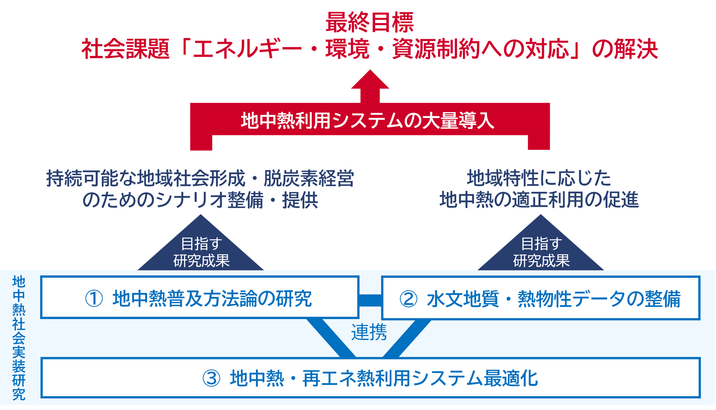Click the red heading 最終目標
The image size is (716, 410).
pyautogui.click(x=370, y=23)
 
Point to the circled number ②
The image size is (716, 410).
pyautogui.click(x=408, y=299)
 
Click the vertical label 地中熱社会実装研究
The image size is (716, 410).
pyautogui.click(x=19, y=338)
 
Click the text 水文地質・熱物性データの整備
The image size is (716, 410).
pyautogui.click(x=554, y=299)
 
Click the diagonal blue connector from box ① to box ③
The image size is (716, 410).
pyautogui.click(x=331, y=338)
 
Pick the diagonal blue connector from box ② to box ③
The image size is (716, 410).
pyautogui.click(x=407, y=338)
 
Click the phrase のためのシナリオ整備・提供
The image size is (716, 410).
pyautogui.click(x=200, y=200)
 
